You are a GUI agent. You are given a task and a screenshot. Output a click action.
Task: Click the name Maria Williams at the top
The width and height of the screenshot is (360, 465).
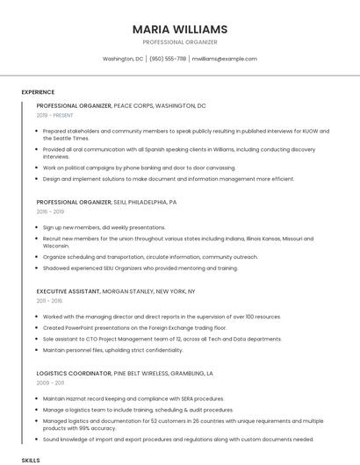[180, 29]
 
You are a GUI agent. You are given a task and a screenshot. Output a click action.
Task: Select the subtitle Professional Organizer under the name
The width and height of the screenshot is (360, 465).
[180, 42]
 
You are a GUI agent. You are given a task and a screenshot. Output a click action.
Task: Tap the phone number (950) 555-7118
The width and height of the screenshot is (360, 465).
[168, 59]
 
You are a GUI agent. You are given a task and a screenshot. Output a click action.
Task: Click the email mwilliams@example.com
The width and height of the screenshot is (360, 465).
[225, 59]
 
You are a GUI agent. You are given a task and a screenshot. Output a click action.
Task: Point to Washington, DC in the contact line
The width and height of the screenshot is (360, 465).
[123, 59]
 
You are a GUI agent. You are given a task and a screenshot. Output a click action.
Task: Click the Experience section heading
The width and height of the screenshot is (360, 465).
[38, 92]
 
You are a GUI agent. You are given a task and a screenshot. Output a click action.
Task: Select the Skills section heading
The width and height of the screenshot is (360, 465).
[31, 460]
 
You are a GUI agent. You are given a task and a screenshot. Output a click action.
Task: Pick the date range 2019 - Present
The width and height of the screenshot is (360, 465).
[55, 115]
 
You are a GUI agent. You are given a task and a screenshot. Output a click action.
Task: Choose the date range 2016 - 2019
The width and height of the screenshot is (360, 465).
[50, 211]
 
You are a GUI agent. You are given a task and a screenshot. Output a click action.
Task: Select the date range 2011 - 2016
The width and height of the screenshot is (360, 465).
[49, 300]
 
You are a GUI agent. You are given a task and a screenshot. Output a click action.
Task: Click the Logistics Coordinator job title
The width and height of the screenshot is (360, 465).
[73, 373]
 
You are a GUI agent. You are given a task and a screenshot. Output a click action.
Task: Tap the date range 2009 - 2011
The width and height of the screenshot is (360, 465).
[50, 383]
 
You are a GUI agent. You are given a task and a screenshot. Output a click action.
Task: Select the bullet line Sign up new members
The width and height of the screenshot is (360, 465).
[104, 227]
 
